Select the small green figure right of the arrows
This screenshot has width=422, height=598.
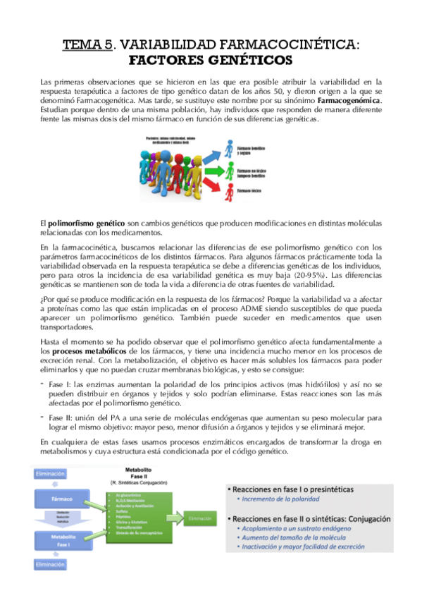[231, 169]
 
